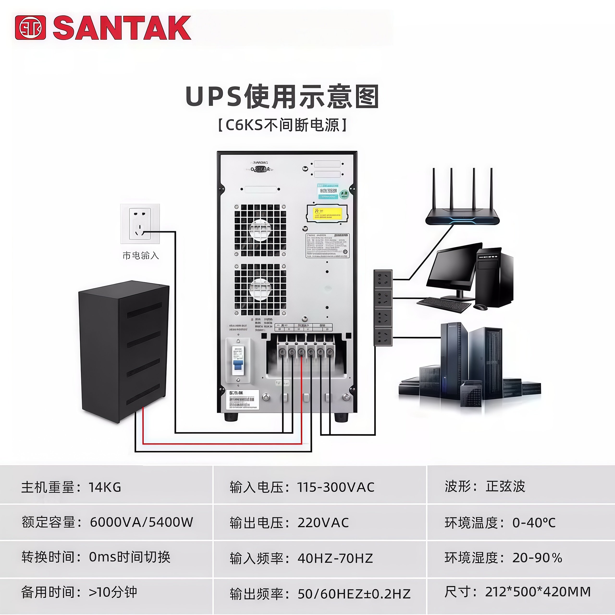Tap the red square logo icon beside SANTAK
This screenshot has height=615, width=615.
(x=30, y=28)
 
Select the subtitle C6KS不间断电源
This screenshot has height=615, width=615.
(x=282, y=125)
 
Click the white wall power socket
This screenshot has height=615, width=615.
(x=140, y=223)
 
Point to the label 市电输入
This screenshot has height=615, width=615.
(x=140, y=255)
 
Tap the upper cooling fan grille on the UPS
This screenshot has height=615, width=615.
(x=260, y=230)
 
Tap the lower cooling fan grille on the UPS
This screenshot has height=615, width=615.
(x=260, y=289)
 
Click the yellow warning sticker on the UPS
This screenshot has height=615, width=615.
(x=327, y=213)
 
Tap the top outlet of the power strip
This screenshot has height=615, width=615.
(x=383, y=279)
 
